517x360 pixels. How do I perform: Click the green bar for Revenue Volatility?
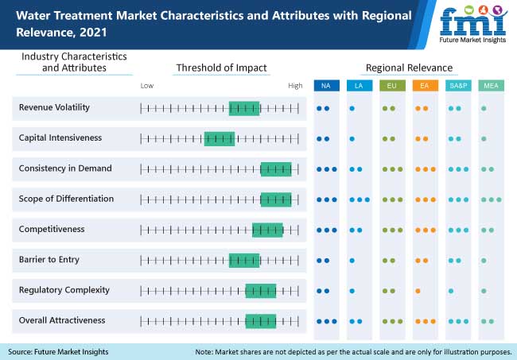(x=244, y=108)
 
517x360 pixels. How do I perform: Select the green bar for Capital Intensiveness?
(x=219, y=138)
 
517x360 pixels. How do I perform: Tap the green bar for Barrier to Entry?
(x=244, y=260)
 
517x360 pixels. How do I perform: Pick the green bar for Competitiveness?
(x=267, y=230)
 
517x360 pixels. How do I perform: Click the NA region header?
(x=325, y=85)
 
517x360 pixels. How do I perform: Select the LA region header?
(x=358, y=85)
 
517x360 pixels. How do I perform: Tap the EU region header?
(x=391, y=85)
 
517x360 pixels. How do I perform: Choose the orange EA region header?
(x=425, y=85)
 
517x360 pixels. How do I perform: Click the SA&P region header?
(x=457, y=85)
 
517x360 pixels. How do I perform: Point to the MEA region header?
(x=491, y=85)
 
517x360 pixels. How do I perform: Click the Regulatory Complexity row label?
(x=64, y=290)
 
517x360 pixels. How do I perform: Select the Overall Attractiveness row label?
(x=62, y=320)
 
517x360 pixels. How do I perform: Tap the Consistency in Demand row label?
(x=65, y=168)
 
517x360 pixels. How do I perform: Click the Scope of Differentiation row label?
(x=66, y=199)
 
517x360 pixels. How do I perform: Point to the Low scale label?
(x=147, y=85)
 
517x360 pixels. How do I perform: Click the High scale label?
(x=295, y=85)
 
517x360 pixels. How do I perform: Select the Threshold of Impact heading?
(x=221, y=68)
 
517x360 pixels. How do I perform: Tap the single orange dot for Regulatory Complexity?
(x=417, y=290)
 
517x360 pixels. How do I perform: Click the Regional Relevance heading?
(x=409, y=68)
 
